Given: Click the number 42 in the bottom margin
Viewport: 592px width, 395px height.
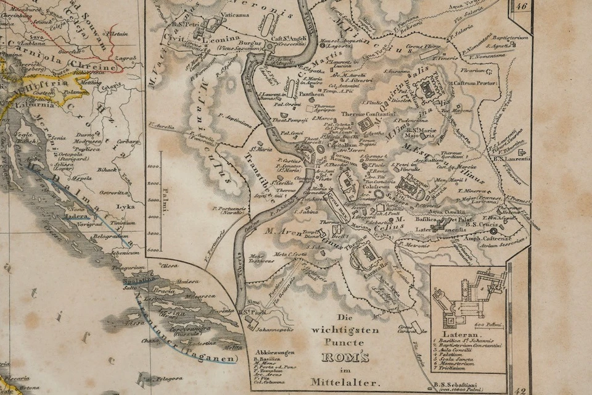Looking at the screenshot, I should pyautogui.click(x=522, y=390).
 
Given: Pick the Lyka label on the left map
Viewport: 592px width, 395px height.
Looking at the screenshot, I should pyautogui.click(x=125, y=207).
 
